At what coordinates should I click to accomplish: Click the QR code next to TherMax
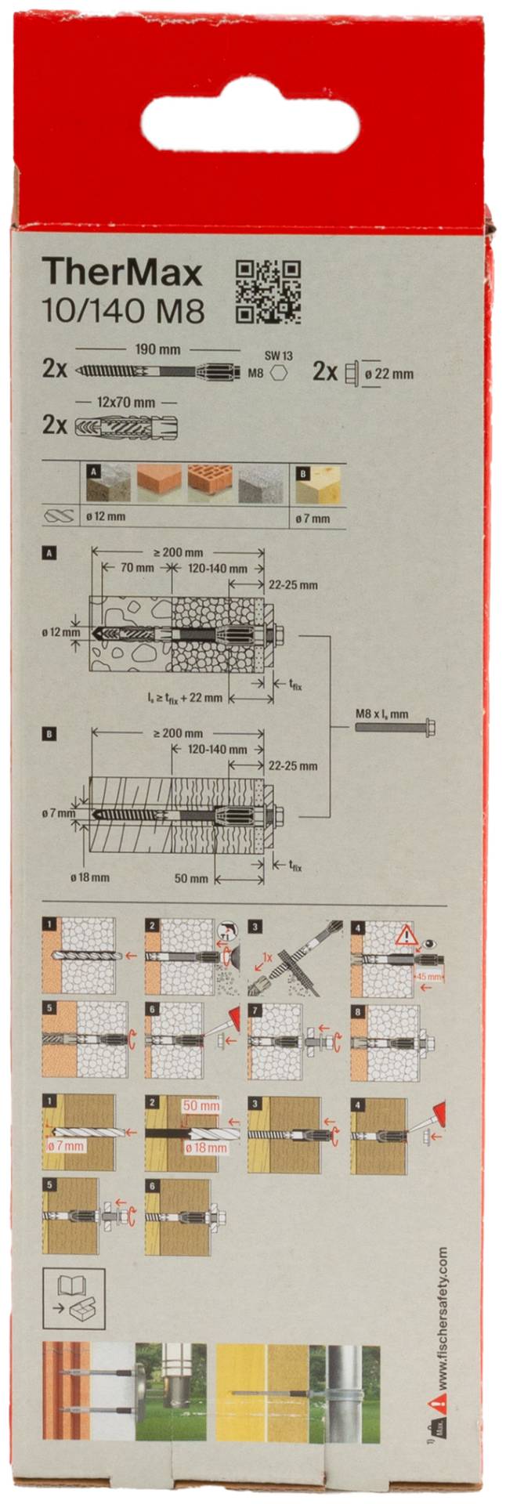(x=268, y=292)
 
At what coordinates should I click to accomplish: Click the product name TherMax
(x=122, y=273)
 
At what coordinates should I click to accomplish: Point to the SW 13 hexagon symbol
(x=276, y=374)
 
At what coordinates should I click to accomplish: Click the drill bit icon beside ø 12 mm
(x=60, y=517)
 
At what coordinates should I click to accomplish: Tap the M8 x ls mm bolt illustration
(x=396, y=727)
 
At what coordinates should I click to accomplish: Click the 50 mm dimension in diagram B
(x=191, y=878)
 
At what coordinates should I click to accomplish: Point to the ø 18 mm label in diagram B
(x=90, y=877)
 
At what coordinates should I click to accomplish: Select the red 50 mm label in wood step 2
(x=201, y=1106)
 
